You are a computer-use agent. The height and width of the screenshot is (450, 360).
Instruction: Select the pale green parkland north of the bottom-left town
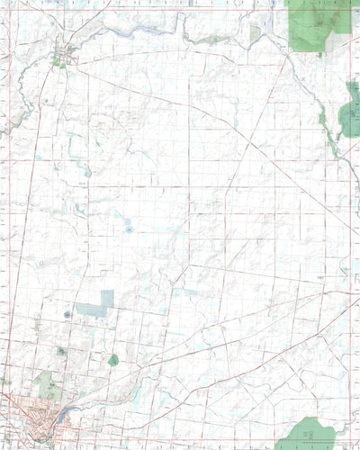click(49, 389)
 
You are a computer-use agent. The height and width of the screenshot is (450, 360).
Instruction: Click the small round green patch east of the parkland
click(113, 360)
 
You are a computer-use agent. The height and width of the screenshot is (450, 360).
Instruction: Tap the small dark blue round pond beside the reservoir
click(67, 314)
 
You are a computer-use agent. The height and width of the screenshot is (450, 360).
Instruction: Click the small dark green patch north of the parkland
click(59, 351)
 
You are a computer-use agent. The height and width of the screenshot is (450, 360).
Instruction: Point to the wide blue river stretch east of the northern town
click(135, 32)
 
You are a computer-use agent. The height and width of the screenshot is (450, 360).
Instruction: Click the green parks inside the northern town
click(58, 60)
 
